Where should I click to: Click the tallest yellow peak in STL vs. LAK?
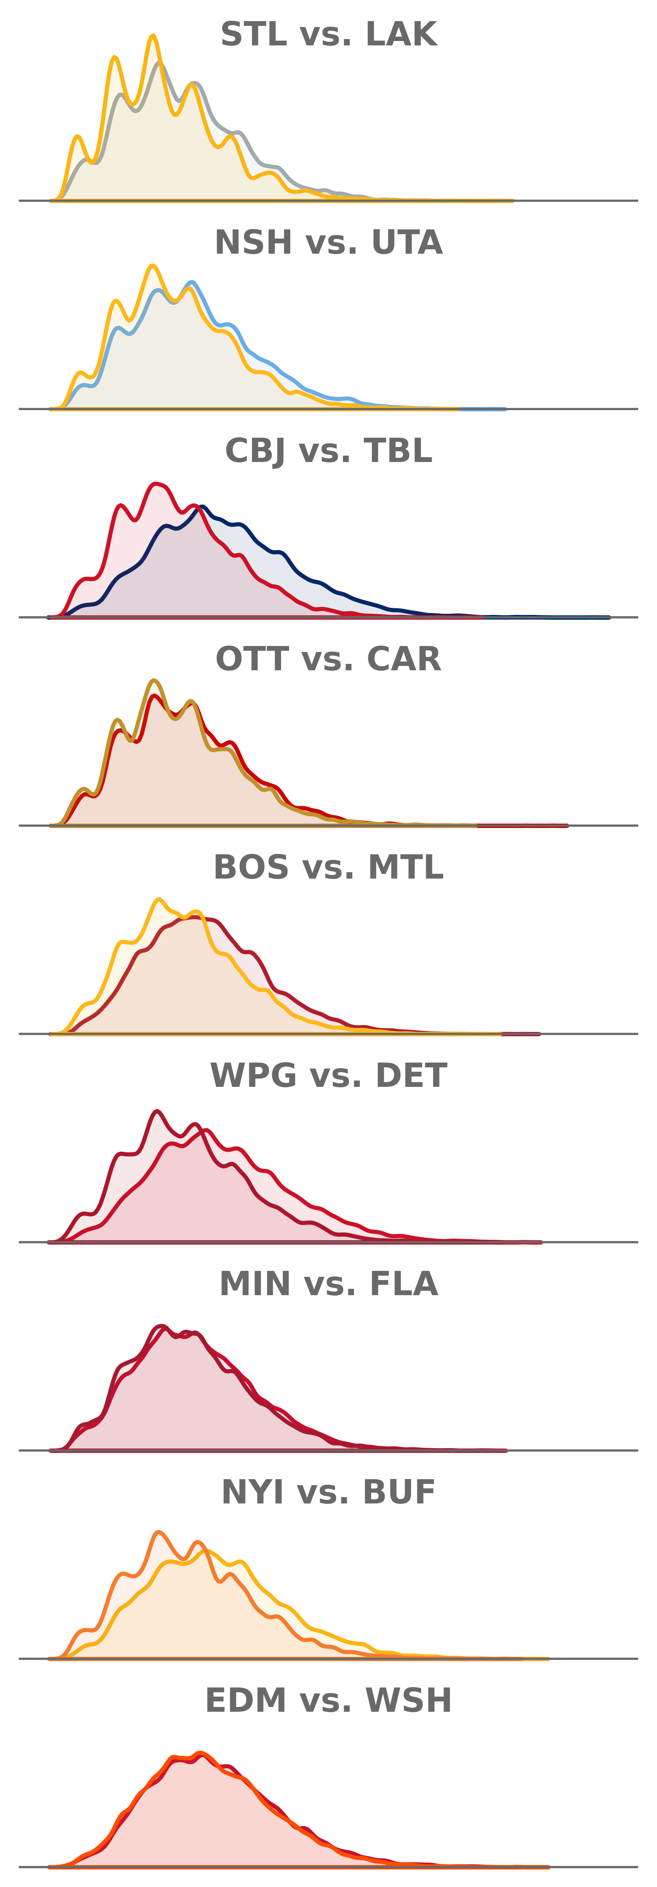pyautogui.click(x=152, y=35)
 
